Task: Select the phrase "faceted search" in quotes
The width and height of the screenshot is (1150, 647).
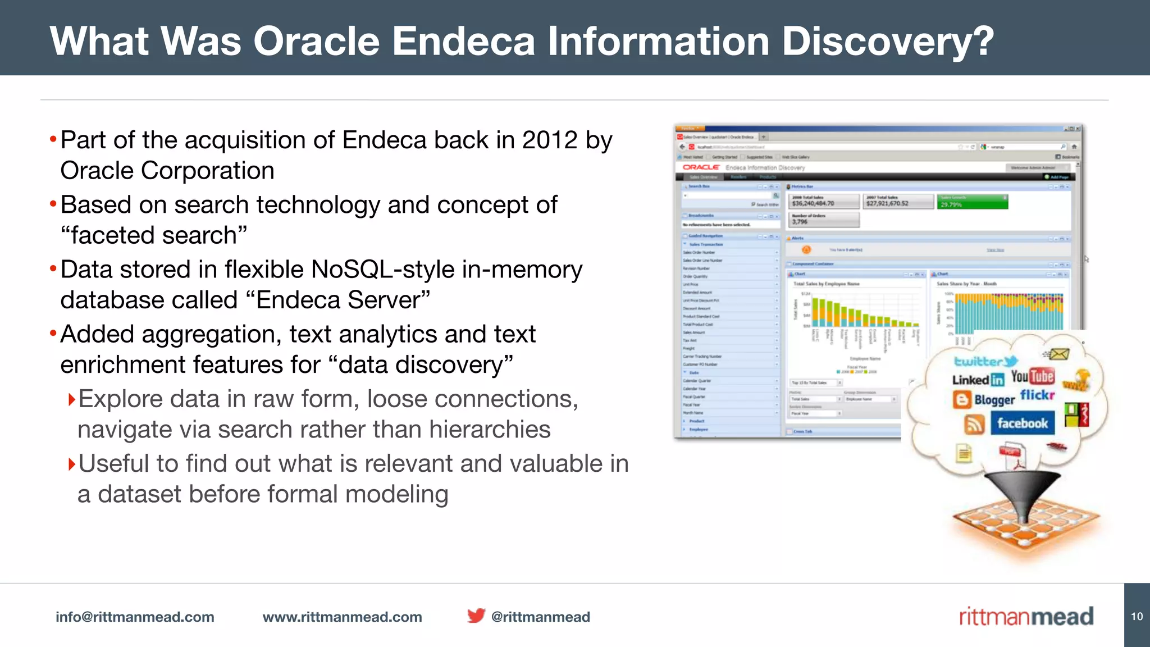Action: [x=153, y=235]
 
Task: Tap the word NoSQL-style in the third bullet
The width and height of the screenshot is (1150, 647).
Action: [x=382, y=270]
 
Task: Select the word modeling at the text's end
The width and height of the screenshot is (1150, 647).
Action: [x=396, y=494]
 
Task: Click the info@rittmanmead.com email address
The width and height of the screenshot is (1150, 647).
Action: [x=135, y=617]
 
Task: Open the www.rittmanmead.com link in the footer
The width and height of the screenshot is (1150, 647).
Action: [x=342, y=617]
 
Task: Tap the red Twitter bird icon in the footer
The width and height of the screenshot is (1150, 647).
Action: [x=476, y=616]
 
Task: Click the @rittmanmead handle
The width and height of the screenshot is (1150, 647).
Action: [x=540, y=617]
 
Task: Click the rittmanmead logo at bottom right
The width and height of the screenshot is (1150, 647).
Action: [x=1026, y=617]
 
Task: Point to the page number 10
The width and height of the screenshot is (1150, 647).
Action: [x=1137, y=616]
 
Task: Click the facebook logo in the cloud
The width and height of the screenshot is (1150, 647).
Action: [x=1022, y=423]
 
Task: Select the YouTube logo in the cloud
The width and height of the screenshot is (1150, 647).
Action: [x=1032, y=376]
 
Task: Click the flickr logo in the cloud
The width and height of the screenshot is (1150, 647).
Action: [x=1037, y=395]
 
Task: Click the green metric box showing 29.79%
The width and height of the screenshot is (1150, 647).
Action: [x=971, y=202]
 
